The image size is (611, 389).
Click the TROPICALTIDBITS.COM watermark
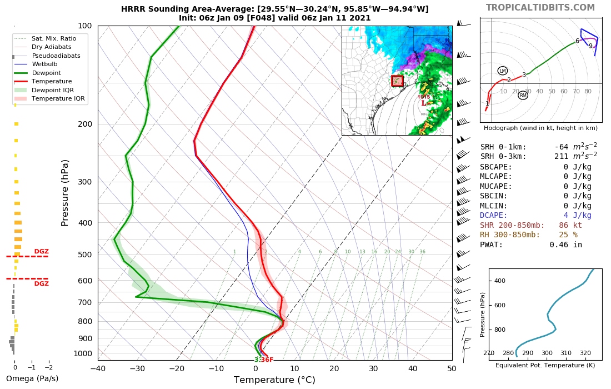(540, 7)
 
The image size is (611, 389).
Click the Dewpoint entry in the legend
(47, 73)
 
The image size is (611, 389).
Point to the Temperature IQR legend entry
(58, 98)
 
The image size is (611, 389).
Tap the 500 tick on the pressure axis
(84, 255)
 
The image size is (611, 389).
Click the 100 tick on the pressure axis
(84, 26)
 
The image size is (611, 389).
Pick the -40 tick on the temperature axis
(98, 368)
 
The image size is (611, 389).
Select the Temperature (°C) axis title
(274, 380)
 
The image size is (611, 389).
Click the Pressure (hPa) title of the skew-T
(65, 192)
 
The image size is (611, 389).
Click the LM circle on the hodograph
(503, 71)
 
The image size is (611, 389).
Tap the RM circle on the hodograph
(523, 95)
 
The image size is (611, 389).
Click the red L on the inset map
(424, 103)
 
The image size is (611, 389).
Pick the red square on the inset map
(397, 81)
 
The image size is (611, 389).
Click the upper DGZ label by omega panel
(42, 252)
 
